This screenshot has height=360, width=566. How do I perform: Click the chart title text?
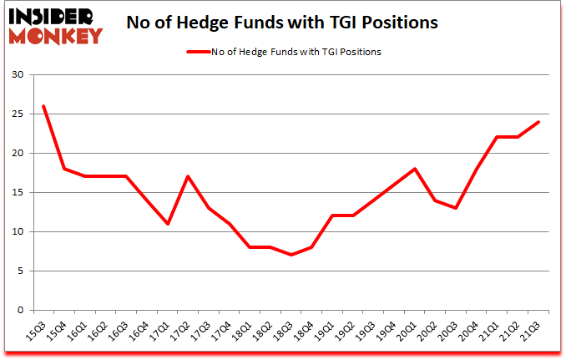[x=282, y=23]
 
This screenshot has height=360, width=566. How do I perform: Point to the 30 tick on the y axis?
[x=19, y=75]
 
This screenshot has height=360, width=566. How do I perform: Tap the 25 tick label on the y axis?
[x=19, y=114]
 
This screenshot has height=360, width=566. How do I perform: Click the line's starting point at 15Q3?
[x=43, y=106]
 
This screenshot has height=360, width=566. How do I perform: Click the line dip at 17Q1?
[x=168, y=224]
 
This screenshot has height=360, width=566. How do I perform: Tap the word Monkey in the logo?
[x=58, y=35]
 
